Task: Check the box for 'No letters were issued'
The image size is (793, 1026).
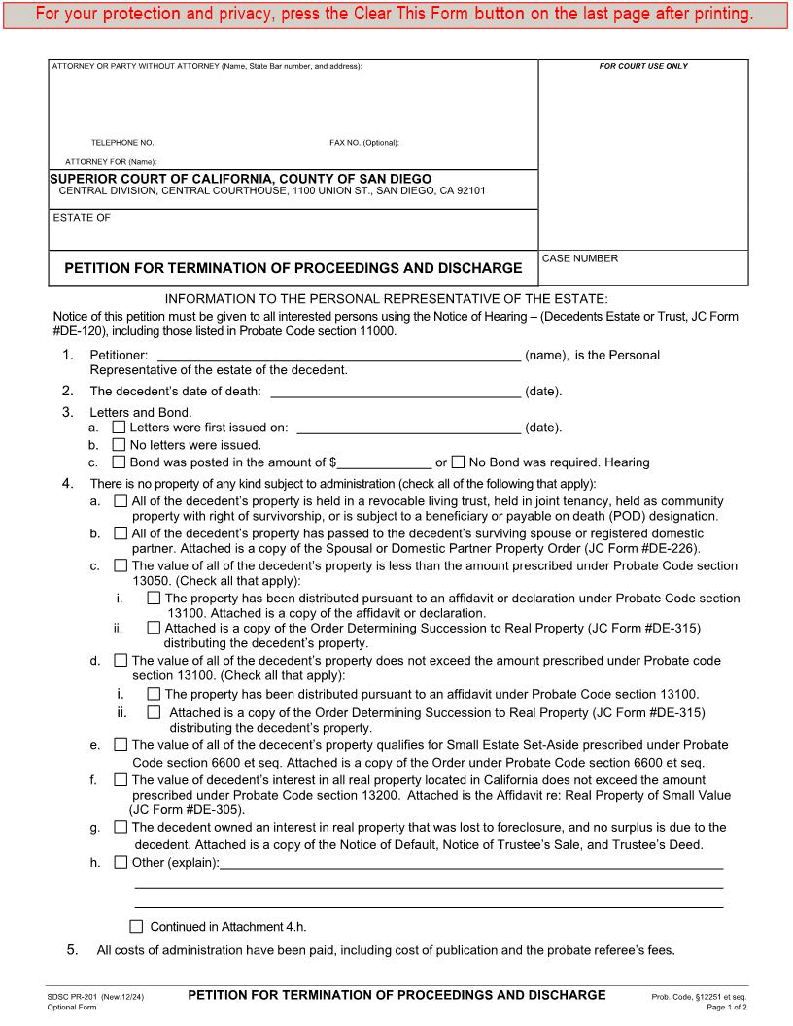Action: [120, 444]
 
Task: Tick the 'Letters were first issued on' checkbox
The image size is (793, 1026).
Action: [120, 427]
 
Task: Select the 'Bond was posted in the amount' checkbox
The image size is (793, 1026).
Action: [120, 462]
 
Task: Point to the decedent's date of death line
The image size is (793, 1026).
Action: [395, 393]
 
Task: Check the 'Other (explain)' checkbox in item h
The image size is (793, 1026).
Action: [121, 862]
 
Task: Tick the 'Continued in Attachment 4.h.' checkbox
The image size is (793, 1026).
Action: [136, 926]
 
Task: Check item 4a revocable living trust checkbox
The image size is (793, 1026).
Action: [121, 501]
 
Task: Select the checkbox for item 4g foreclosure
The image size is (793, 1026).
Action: [121, 827]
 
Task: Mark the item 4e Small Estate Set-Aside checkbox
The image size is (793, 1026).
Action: [121, 745]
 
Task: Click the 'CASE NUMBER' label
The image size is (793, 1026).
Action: [579, 258]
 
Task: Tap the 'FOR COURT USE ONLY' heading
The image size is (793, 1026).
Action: [642, 66]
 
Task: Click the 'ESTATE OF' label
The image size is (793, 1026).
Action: [82, 218]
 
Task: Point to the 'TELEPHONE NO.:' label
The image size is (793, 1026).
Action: [117, 143]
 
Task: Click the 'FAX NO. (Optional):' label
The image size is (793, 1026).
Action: [364, 143]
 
